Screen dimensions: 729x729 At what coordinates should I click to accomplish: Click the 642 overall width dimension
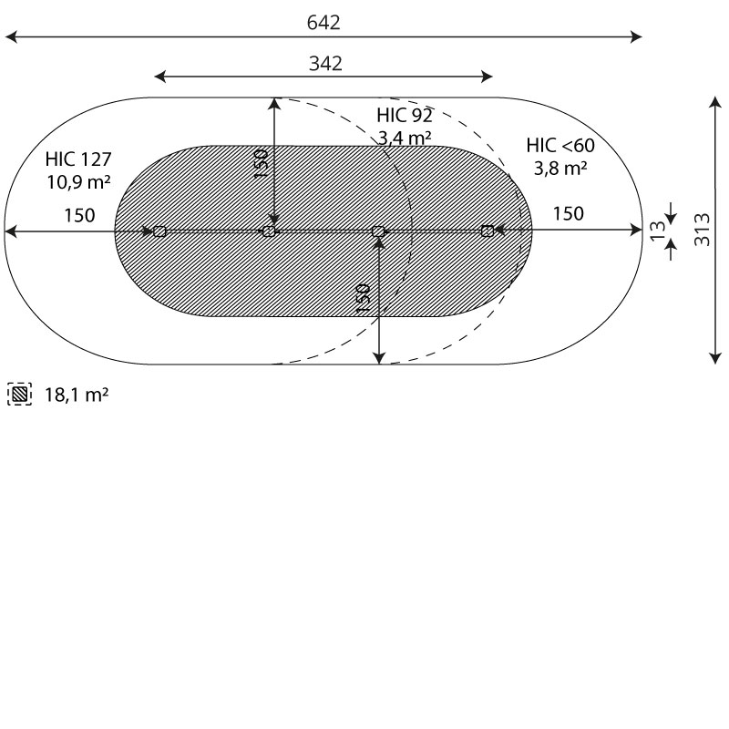(x=323, y=22)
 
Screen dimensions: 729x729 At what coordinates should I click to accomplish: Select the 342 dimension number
(x=325, y=63)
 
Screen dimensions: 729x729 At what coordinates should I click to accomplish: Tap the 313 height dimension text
(x=702, y=230)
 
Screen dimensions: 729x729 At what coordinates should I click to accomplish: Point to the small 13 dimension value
(x=657, y=231)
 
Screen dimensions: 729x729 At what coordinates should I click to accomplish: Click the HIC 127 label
(x=78, y=159)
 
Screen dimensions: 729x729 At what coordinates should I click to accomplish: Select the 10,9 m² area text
(x=78, y=181)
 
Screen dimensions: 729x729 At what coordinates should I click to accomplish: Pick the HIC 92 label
(x=405, y=116)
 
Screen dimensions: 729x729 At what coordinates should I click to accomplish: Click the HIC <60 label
(x=560, y=146)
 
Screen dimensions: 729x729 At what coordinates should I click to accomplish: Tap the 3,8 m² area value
(x=560, y=168)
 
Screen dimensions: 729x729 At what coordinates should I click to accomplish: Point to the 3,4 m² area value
(x=405, y=138)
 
